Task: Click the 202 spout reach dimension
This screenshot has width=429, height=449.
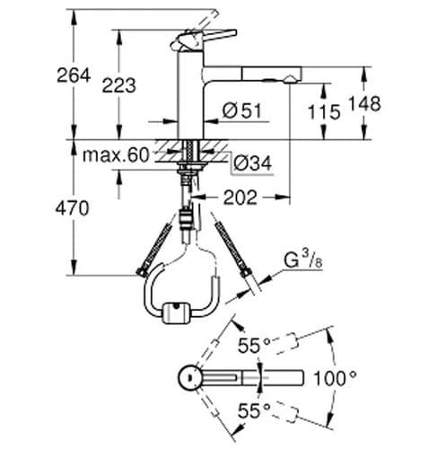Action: point(241,196)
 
